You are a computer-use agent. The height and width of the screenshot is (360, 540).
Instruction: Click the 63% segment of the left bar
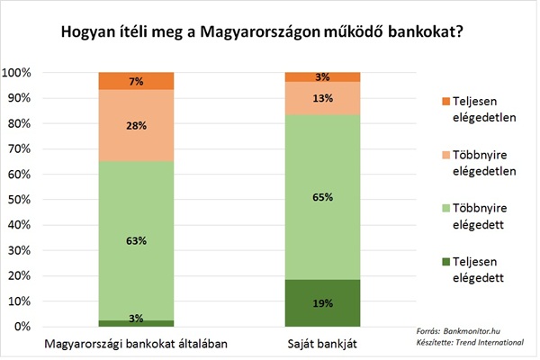point(135,240)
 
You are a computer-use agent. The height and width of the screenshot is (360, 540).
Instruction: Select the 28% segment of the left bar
point(135,126)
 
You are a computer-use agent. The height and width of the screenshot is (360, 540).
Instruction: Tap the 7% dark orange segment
point(135,81)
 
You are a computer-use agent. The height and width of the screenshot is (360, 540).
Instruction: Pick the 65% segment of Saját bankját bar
point(322,196)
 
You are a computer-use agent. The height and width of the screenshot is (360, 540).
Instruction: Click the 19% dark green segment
point(322,302)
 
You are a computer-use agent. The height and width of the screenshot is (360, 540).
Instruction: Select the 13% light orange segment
point(322,99)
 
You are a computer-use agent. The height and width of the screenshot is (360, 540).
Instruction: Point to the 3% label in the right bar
point(322,76)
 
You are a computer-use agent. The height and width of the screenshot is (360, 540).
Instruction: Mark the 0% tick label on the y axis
point(23,327)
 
